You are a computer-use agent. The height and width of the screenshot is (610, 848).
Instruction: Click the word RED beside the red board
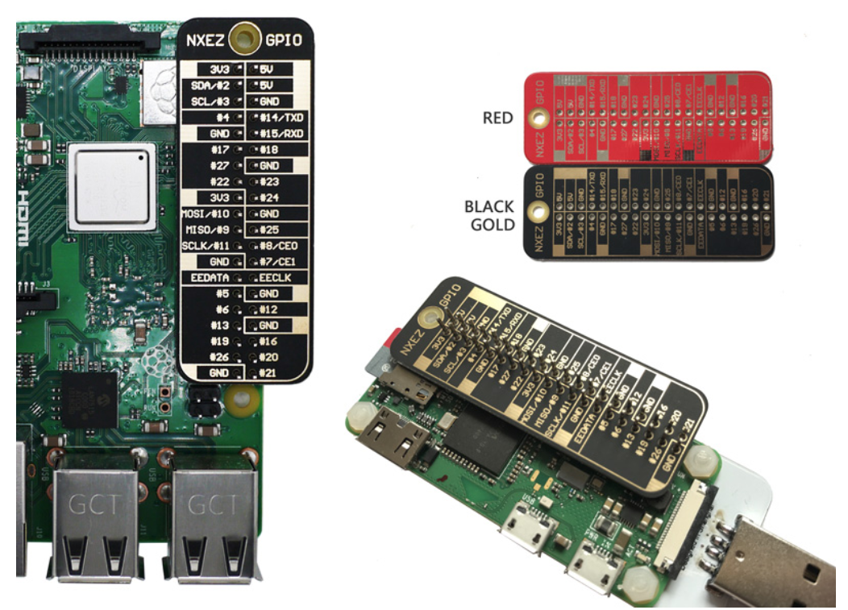498,118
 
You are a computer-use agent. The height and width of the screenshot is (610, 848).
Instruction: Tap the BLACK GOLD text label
488,215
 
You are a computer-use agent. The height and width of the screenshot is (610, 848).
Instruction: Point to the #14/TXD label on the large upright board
279,117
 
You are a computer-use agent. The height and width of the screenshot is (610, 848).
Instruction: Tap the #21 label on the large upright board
268,373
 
